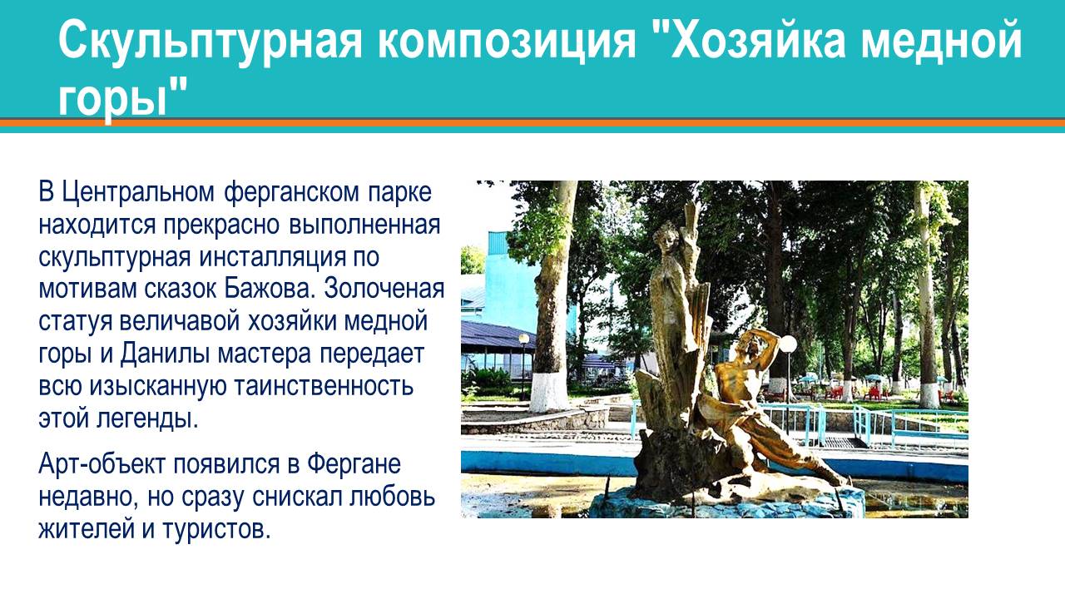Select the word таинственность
[x=324, y=385]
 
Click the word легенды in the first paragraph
[x=148, y=418]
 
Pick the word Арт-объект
[x=102, y=464]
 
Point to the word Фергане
[x=354, y=465]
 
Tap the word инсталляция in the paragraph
[x=272, y=258]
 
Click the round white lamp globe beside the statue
[x=789, y=344]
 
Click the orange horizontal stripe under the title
[x=532, y=122]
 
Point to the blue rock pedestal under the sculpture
[x=727, y=504]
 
